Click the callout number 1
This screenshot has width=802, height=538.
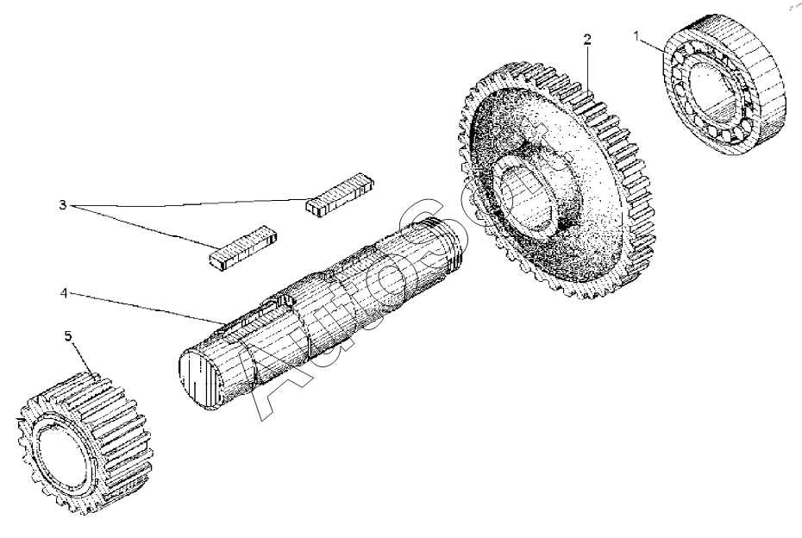pos(637,36)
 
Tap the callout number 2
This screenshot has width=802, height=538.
pos(587,40)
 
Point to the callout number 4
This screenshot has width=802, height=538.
pos(63,294)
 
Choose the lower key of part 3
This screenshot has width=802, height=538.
pos(244,245)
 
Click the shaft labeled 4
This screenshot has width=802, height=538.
pos(328,302)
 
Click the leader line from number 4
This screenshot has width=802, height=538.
pos(147,308)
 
